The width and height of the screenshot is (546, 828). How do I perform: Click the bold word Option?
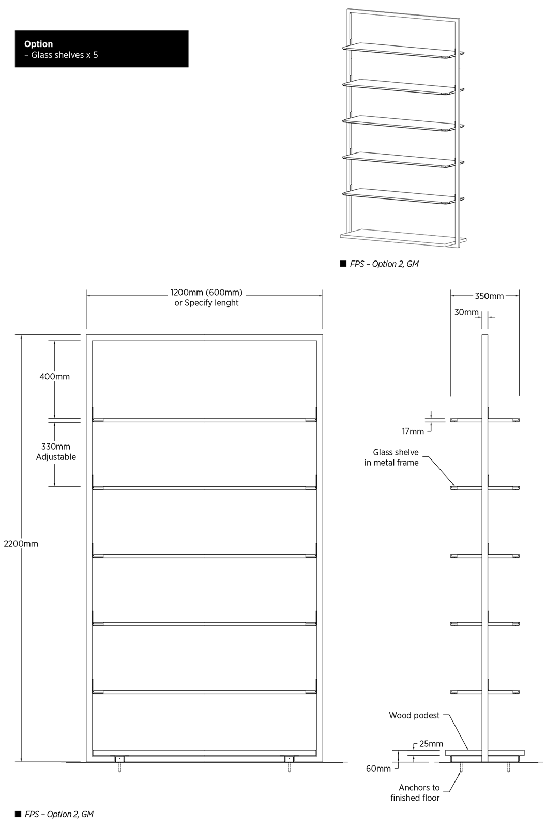38,44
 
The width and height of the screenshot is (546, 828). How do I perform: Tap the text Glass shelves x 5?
65,55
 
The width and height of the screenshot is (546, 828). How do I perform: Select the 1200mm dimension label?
183,293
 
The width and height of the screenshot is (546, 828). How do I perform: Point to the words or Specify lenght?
206,303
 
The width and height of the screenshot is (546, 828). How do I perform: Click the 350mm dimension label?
489,297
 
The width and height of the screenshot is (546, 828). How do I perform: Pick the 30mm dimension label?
466,312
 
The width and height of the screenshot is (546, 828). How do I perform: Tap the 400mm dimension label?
54,377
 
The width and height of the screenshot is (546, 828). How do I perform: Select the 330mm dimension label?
56,447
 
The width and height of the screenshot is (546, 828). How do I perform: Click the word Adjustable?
56,457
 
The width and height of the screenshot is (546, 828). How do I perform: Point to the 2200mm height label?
21,544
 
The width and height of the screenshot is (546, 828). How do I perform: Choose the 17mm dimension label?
413,432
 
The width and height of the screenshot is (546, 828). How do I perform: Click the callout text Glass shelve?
396,452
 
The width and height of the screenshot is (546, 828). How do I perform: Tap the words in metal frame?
391,463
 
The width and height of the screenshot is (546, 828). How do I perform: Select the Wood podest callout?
414,716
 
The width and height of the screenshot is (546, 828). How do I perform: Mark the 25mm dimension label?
431,744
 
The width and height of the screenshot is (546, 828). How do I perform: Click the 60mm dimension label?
378,769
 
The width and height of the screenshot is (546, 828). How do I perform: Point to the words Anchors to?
419,788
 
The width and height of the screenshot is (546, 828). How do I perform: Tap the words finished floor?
415,798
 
